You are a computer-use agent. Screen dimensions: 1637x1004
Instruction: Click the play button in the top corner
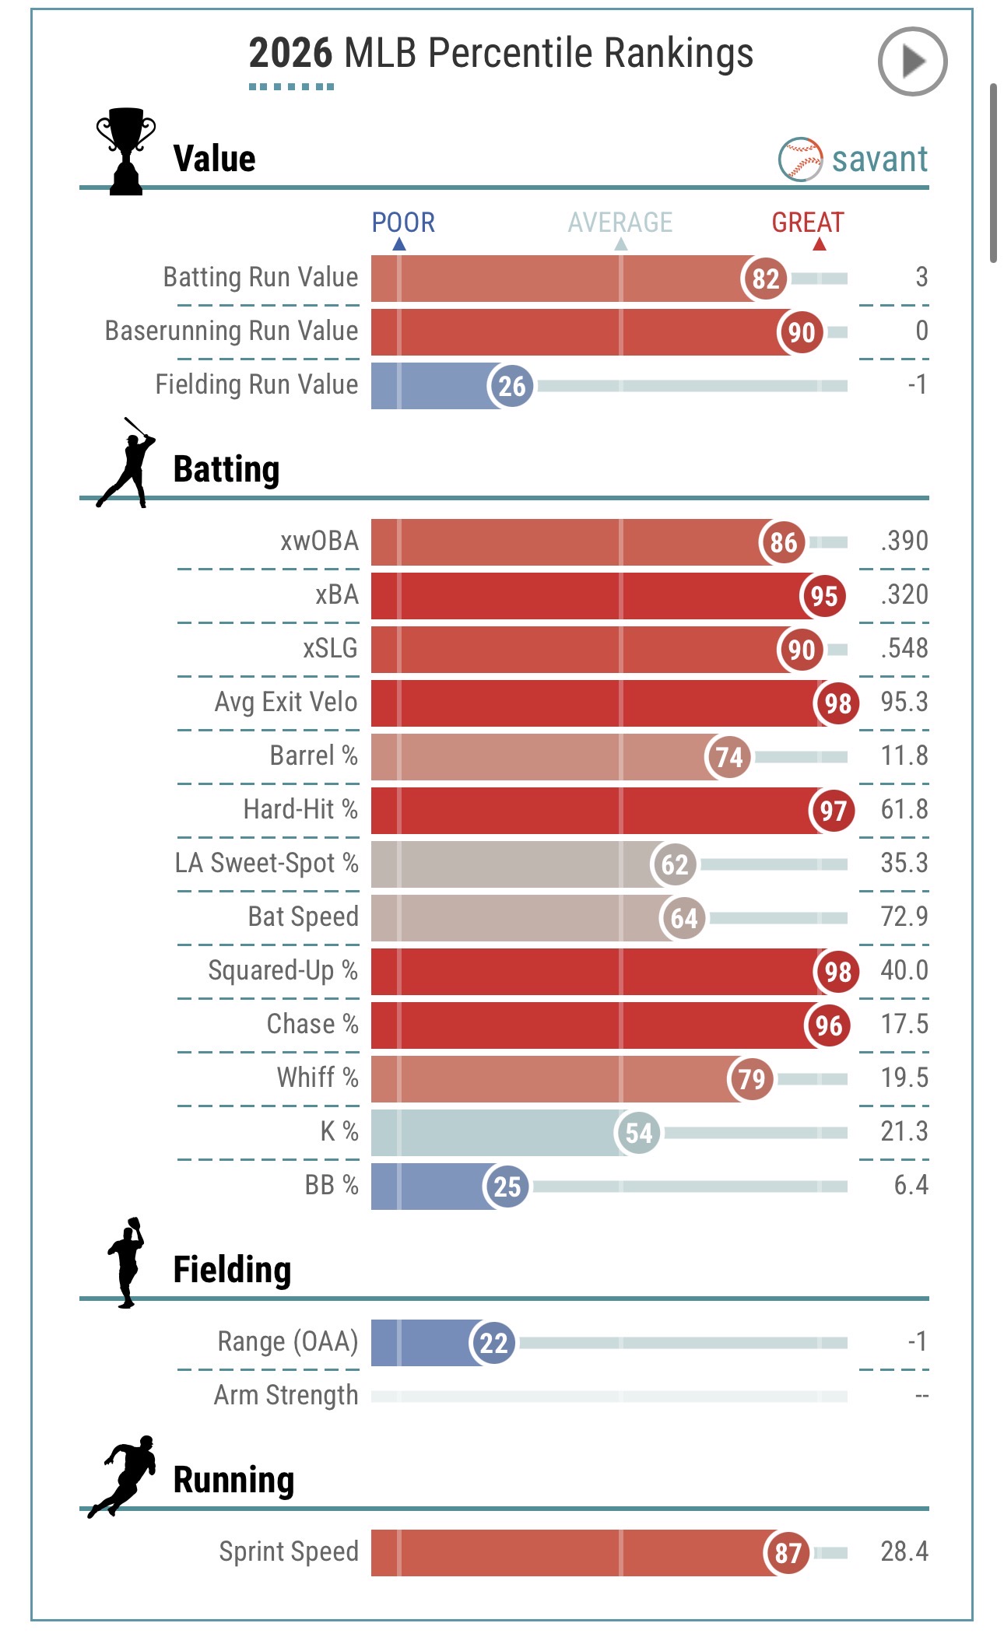912,61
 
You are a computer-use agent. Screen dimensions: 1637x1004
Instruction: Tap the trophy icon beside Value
125,151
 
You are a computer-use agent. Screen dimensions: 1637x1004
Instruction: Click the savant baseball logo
800,159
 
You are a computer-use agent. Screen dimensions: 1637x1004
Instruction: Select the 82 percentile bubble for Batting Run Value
765,279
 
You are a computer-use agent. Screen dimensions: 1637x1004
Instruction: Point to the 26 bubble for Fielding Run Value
511,386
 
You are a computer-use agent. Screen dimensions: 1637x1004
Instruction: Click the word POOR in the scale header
403,223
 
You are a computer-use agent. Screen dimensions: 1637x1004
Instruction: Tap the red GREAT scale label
808,223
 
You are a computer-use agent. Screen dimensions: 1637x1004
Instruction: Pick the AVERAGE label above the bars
620,223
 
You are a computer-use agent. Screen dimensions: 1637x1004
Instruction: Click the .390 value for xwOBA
904,541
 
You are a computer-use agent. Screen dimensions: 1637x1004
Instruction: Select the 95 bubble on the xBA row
823,596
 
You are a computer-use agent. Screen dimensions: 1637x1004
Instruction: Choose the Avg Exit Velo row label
286,702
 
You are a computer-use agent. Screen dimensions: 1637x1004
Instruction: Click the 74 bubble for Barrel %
729,757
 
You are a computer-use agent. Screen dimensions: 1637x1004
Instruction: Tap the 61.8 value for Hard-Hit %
904,809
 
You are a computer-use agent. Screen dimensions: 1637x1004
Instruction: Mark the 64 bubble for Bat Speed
683,918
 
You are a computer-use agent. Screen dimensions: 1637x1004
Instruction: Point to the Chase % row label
312,1024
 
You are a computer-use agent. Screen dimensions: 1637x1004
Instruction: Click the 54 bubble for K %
638,1133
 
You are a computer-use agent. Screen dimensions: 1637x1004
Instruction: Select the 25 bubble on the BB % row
507,1187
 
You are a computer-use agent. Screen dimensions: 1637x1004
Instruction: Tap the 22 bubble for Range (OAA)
493,1343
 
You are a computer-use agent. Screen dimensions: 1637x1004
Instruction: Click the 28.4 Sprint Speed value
904,1551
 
